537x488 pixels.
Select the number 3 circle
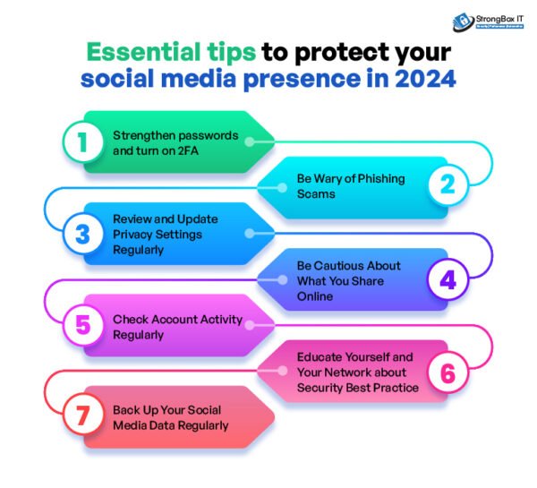coord(82,234)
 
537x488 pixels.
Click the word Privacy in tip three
coord(132,234)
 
